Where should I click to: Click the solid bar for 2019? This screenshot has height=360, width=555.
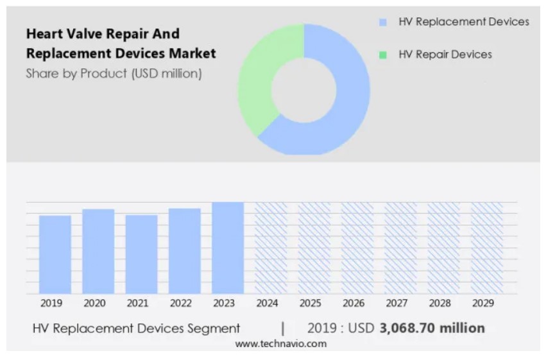(55, 255)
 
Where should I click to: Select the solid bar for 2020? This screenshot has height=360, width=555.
(98, 252)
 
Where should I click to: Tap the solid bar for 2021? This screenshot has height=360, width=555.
(142, 255)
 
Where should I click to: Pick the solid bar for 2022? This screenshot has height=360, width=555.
(185, 251)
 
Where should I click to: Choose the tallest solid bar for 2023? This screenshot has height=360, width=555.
(228, 248)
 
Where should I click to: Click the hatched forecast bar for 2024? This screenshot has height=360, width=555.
(271, 248)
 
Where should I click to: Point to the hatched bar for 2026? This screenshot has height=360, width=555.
(357, 248)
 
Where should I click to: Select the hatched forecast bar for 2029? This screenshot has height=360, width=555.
(487, 248)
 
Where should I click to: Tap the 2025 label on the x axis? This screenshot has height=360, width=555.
(311, 303)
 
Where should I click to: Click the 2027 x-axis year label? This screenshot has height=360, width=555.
(397, 303)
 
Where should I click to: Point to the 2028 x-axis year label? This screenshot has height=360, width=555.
(440, 303)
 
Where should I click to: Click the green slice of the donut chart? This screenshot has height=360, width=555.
(257, 80)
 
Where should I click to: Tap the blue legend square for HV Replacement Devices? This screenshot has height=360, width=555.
(383, 22)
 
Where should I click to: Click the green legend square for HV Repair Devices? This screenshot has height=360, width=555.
(383, 55)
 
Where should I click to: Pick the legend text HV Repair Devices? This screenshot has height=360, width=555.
(445, 55)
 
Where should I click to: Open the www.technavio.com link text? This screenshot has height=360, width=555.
(280, 344)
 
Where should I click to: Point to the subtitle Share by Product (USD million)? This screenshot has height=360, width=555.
(114, 74)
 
